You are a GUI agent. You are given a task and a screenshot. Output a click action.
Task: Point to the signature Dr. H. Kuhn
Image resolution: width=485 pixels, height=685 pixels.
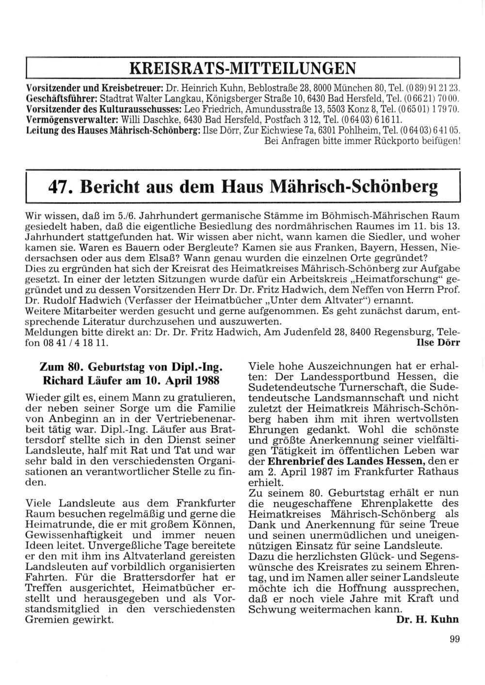click(427, 620)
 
